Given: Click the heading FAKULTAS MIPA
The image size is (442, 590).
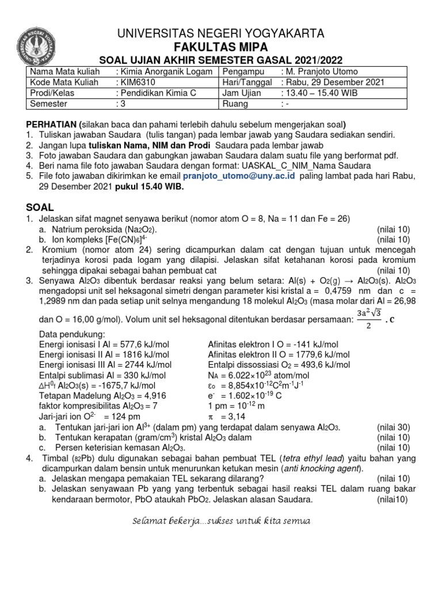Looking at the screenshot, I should (x=220, y=46).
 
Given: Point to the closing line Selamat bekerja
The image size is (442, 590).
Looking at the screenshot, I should (x=220, y=521).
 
